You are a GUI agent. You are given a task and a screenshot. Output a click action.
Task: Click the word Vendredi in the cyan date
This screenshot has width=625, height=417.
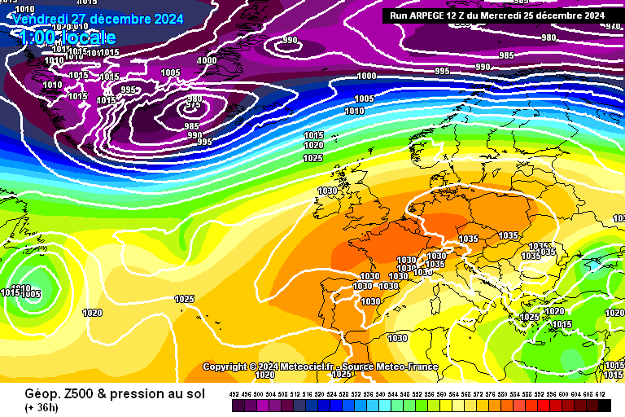(x=40, y=18)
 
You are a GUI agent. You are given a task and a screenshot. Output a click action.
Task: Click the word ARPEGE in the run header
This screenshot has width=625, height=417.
(x=431, y=15)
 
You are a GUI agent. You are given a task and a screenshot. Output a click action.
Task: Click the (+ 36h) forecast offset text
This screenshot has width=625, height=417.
(x=40, y=407)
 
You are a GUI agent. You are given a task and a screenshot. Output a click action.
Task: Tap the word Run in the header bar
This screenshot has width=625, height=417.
(x=399, y=15)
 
